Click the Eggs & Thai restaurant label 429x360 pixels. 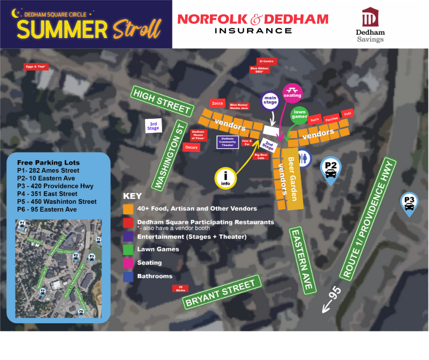click(x=36, y=67)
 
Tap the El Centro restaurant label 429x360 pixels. click(x=266, y=61)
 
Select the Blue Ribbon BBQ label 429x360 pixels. click(x=260, y=69)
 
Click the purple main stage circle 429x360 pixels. click(x=270, y=100)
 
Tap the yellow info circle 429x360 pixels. click(x=225, y=178)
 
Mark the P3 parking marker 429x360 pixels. click(x=409, y=203)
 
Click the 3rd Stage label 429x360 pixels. click(x=153, y=126)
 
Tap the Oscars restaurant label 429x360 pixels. click(x=191, y=147)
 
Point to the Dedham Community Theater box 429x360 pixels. click(x=227, y=142)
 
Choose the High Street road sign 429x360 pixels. click(x=162, y=101)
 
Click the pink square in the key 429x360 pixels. click(x=128, y=263)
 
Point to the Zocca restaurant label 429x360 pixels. click(x=217, y=103)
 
